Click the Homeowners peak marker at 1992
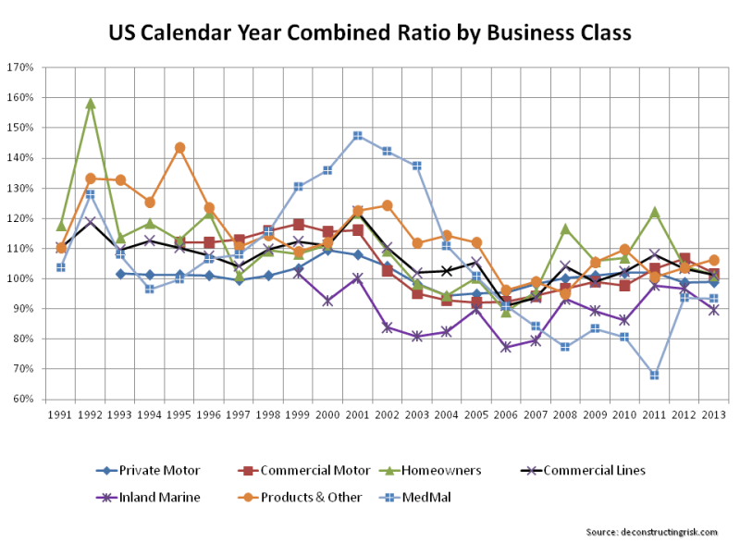coord(91,104)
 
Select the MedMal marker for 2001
coord(357,136)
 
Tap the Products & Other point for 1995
coord(179,148)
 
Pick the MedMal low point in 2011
coord(654,375)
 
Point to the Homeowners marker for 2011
coord(654,212)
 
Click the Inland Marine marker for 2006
coord(506,347)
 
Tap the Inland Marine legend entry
coord(153,498)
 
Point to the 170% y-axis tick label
coord(21,68)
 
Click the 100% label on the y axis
coord(21,278)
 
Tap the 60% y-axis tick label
coord(23,399)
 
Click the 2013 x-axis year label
coord(713,415)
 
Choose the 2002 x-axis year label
coord(387,415)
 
